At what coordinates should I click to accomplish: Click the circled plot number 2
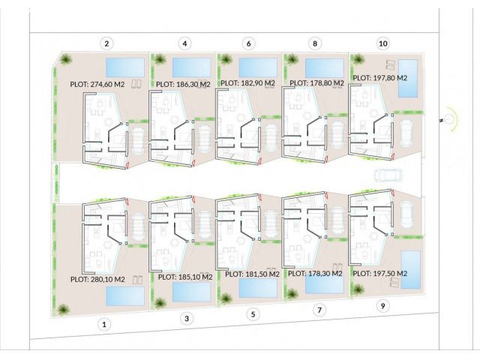click(x=106, y=43)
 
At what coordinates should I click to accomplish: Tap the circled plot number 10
click(x=383, y=43)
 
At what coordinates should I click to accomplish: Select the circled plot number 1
click(x=104, y=325)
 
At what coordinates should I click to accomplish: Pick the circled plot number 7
click(x=319, y=310)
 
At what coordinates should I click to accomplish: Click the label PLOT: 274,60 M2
click(x=97, y=84)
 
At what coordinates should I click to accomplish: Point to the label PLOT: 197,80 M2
click(x=380, y=78)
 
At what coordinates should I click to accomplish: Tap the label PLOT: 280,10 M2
click(x=97, y=280)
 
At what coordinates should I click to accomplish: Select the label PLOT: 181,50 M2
click(x=252, y=274)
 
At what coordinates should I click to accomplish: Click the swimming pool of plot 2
click(x=125, y=67)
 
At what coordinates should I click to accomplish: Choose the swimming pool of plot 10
click(x=408, y=78)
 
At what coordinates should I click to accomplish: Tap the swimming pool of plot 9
click(x=411, y=270)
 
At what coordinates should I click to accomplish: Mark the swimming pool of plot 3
click(x=192, y=292)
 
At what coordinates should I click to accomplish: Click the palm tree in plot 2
click(x=65, y=59)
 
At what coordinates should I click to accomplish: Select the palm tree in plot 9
click(x=358, y=289)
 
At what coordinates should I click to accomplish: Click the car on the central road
click(x=388, y=175)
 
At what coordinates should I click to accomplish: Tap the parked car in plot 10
click(x=406, y=134)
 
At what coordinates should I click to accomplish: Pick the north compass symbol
click(x=449, y=119)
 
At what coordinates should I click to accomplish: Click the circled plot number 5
click(x=253, y=314)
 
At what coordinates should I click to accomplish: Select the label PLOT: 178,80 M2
click(x=316, y=83)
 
